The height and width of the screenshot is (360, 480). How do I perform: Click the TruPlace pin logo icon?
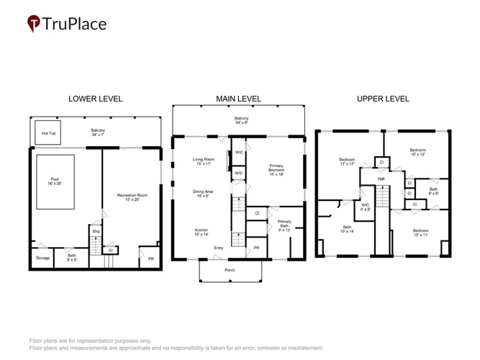coord(34,23)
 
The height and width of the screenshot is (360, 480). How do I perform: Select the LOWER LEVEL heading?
coord(95,99)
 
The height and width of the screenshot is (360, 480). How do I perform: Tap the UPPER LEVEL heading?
coord(383,99)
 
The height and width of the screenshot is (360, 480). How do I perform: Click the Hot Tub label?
coord(49,133)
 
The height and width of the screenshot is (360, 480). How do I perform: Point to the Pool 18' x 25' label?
coord(55,181)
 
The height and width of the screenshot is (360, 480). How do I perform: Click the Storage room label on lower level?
coord(42,258)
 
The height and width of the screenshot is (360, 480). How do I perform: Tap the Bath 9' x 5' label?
coord(72,257)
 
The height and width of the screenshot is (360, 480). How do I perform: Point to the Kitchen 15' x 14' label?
coord(201,232)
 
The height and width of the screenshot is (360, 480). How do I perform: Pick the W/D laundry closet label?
coord(238,173)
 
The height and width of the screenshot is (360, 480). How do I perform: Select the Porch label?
coord(230,270)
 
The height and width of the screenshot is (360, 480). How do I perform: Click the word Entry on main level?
coord(219,248)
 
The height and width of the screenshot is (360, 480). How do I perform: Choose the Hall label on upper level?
coord(381,179)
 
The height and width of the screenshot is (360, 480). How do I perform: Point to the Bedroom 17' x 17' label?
coord(347,161)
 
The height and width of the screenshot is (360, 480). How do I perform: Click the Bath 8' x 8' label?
coord(433,192)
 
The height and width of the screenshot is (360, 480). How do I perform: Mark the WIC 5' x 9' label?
coord(365,207)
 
